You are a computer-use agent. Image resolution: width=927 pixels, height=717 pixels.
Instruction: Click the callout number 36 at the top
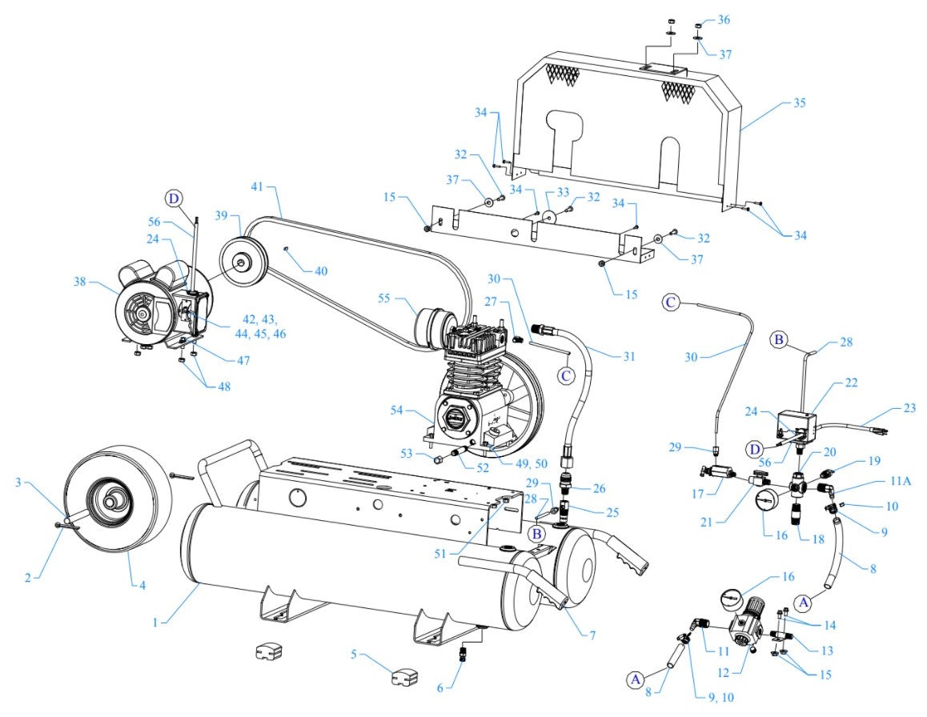(724, 19)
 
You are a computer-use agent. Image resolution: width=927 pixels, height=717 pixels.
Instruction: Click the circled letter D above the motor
(175, 198)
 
